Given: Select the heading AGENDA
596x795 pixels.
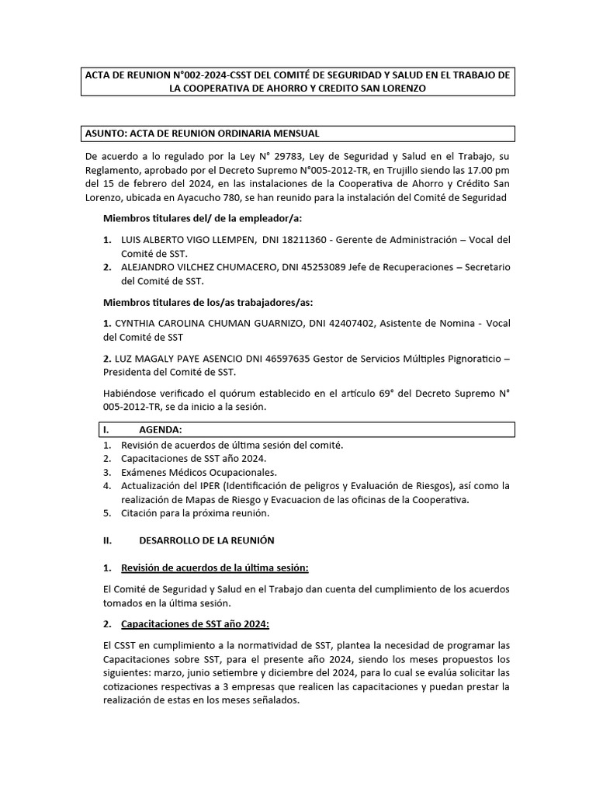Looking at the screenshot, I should pos(161,429).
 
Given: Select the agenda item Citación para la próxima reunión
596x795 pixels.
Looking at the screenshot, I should pos(194,513).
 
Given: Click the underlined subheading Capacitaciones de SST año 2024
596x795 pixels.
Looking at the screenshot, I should pos(195,624).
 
